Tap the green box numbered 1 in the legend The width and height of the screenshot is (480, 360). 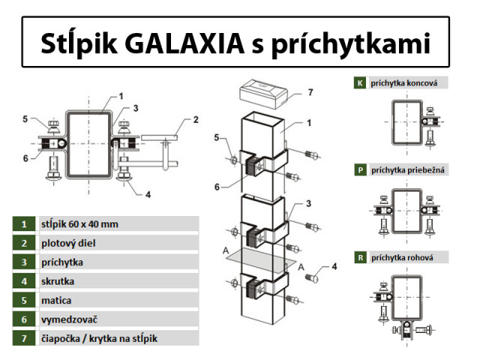(24, 223)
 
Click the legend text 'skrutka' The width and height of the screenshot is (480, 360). (59, 282)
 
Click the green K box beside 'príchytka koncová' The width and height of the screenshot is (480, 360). (361, 82)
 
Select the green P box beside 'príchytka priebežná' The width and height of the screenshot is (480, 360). (361, 170)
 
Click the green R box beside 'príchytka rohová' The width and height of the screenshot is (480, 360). (361, 258)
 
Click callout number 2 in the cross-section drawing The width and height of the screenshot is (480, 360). (196, 119)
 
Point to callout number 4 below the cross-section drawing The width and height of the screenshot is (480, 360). (148, 194)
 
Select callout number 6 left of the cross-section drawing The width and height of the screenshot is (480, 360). (25, 157)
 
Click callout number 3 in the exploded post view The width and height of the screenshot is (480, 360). (307, 203)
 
